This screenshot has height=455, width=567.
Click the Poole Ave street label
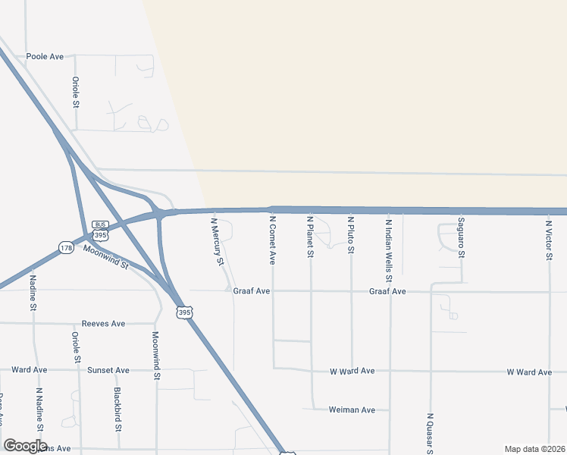pos(45,57)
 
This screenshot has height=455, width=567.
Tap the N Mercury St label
pos(218,242)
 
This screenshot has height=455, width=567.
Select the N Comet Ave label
pos(272,240)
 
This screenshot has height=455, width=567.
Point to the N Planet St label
pos(310,237)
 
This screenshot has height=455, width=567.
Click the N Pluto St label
pos(351,234)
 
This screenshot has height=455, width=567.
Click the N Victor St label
pos(549,237)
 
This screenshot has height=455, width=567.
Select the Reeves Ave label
pos(103,324)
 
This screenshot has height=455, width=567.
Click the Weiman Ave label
pos(352,410)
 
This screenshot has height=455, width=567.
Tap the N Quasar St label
pos(430,434)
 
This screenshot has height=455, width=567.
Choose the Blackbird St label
pos(118,409)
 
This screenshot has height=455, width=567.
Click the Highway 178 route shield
pos(65,248)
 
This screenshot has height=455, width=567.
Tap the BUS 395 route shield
pos(100,231)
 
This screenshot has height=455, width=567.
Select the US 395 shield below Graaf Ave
pos(184,312)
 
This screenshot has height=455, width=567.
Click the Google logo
pos(25,446)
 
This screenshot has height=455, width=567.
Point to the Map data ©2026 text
pos(534,447)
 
